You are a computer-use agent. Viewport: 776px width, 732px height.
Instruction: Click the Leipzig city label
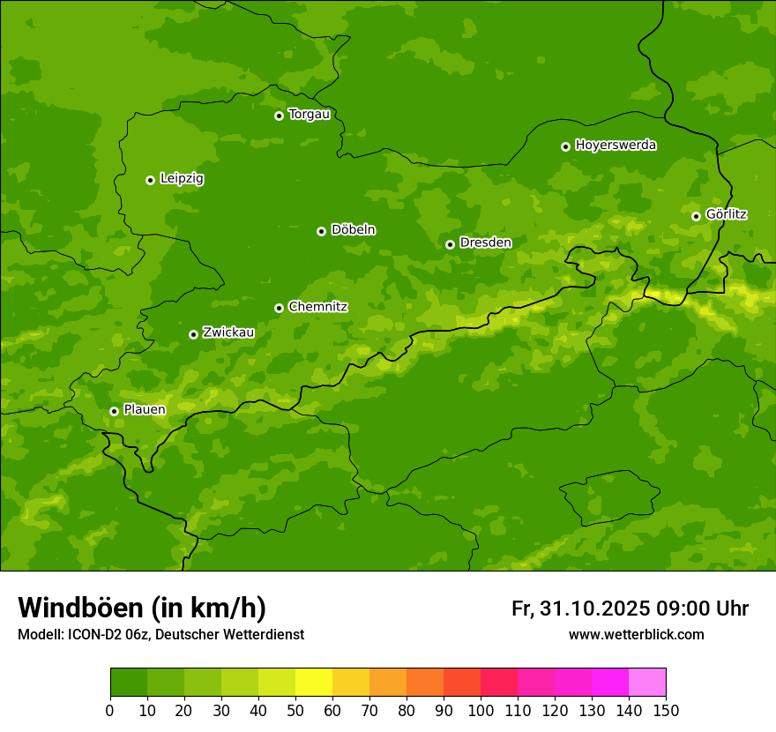182,179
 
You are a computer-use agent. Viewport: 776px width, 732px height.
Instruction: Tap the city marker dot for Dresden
450,244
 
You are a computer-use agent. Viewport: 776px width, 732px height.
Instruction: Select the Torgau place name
309,115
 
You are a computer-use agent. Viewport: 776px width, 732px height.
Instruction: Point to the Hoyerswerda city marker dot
565,146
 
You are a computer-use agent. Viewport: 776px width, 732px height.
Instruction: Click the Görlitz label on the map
726,214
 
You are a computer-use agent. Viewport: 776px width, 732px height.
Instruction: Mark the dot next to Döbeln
321,231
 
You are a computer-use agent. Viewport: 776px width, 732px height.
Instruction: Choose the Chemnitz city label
317,307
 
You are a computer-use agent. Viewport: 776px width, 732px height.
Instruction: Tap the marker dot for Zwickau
193,334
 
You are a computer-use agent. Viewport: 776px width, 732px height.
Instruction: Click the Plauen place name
145,409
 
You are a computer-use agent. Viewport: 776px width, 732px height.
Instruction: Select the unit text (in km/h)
208,608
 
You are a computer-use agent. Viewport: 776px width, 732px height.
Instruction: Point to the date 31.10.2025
594,609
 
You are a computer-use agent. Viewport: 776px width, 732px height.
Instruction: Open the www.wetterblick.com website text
636,634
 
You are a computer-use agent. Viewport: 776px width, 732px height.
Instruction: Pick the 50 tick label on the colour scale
295,710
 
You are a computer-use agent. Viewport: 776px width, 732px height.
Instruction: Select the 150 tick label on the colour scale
666,710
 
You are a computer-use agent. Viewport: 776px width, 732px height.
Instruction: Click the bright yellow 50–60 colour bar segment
314,683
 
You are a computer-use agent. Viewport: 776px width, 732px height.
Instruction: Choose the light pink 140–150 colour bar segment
647,683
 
